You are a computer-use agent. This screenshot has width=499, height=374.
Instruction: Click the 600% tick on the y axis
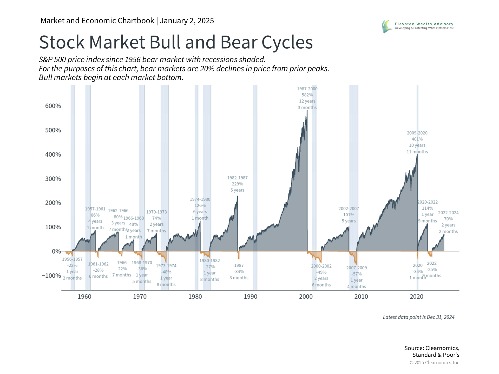53,106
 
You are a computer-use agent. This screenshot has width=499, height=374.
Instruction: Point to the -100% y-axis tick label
51,276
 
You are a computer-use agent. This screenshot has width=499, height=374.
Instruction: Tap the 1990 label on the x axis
250,297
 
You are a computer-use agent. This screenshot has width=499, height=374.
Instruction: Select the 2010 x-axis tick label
361,297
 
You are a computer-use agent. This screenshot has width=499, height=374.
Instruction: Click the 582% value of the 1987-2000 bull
307,95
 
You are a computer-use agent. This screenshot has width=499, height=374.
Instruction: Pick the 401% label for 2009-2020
417,139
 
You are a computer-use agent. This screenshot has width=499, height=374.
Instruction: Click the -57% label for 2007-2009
357,274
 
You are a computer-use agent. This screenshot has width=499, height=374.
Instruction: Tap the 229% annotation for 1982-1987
237,184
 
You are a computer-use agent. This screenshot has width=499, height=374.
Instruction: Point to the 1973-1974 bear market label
166,266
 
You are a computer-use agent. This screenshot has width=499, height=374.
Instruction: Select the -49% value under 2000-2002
321,272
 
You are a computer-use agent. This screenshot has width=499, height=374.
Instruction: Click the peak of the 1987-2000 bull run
307,111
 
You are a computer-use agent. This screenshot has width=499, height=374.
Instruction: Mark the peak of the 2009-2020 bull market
417,155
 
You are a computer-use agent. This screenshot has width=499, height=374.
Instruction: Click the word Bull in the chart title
165,42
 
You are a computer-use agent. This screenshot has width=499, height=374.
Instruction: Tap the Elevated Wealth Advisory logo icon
387,26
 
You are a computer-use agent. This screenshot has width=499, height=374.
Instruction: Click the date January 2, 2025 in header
187,21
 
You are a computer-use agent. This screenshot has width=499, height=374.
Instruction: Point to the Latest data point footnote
418,317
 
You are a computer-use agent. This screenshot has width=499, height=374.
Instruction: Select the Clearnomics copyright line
435,363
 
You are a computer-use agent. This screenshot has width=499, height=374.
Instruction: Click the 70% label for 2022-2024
448,219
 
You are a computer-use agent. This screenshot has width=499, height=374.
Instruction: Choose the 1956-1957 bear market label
72,259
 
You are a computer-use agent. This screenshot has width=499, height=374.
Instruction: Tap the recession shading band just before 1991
255,187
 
